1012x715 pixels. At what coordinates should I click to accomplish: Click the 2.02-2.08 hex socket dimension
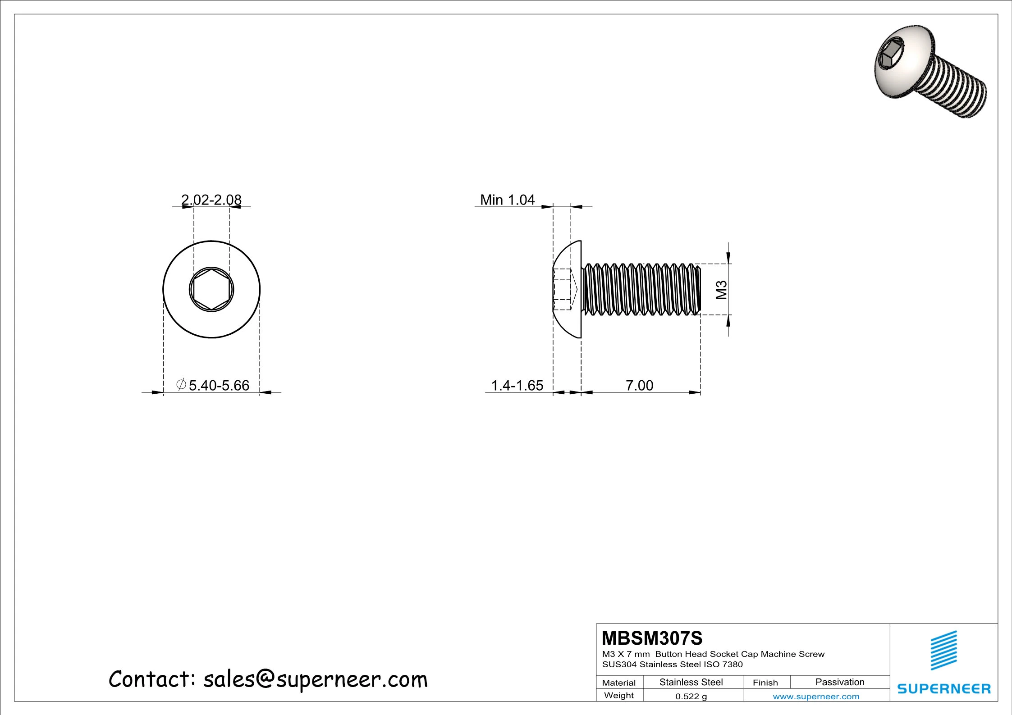pyautogui.click(x=211, y=199)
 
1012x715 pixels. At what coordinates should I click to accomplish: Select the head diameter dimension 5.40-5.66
pyautogui.click(x=219, y=386)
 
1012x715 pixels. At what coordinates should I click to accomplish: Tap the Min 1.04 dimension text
pyautogui.click(x=507, y=200)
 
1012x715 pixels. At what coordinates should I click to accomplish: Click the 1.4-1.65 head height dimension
pyautogui.click(x=517, y=386)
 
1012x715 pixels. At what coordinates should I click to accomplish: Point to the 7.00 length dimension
pyautogui.click(x=639, y=386)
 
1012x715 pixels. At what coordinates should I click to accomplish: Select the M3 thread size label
pyautogui.click(x=722, y=290)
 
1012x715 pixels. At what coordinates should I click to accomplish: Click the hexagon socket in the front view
pyautogui.click(x=211, y=290)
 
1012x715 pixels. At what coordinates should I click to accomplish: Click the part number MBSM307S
pyautogui.click(x=652, y=638)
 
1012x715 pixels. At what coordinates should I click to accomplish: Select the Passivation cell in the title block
pyautogui.click(x=840, y=682)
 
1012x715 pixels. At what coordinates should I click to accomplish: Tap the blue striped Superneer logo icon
pyautogui.click(x=943, y=650)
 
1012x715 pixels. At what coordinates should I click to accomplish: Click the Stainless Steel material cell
pyautogui.click(x=691, y=682)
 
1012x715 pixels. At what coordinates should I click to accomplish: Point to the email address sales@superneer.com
pyautogui.click(x=315, y=679)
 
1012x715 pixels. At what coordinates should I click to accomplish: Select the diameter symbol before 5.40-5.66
pyautogui.click(x=181, y=385)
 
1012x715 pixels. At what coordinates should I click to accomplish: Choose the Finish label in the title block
pyautogui.click(x=765, y=683)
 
